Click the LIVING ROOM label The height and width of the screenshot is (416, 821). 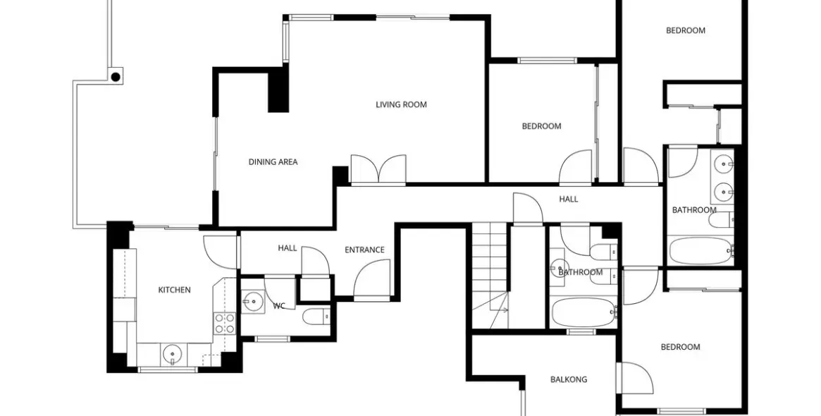(401, 105)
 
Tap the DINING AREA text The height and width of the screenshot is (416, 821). (273, 162)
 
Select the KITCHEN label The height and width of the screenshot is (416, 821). (174, 290)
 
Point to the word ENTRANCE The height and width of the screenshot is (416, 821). (364, 250)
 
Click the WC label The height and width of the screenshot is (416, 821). (278, 306)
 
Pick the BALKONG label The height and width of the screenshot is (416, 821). (568, 380)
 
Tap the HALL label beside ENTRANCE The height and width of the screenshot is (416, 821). (288, 248)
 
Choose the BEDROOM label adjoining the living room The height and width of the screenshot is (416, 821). (541, 127)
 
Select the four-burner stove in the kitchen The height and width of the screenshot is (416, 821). (224, 324)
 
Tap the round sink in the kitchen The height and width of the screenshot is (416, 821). (171, 353)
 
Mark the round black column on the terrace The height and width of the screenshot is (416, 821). (116, 76)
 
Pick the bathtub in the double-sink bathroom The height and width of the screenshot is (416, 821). (700, 250)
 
